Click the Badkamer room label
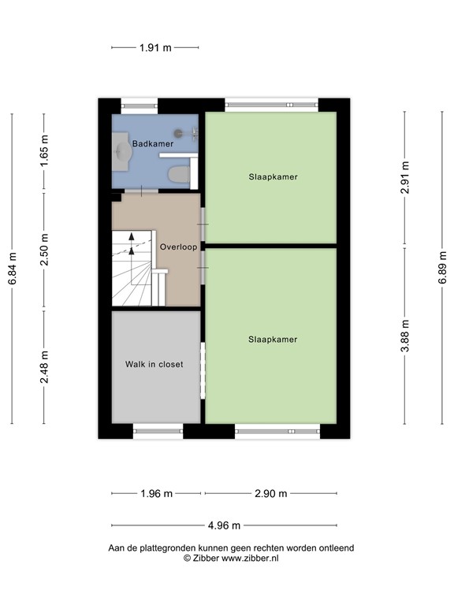point(153,143)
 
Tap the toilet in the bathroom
point(179,174)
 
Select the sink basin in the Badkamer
point(124,151)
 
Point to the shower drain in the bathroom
point(178,133)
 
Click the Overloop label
point(178,247)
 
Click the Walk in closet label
point(154,364)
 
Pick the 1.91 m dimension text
point(155,48)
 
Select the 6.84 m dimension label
point(13,269)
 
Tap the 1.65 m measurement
point(44,151)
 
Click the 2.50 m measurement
point(44,250)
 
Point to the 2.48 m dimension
point(44,367)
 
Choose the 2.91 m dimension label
point(404,177)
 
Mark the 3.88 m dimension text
point(404,336)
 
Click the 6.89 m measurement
point(442,268)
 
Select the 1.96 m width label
point(156,493)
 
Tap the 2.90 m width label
point(271,493)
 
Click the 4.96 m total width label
point(225,525)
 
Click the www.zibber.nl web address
point(250,558)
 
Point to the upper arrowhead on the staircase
point(132,236)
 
